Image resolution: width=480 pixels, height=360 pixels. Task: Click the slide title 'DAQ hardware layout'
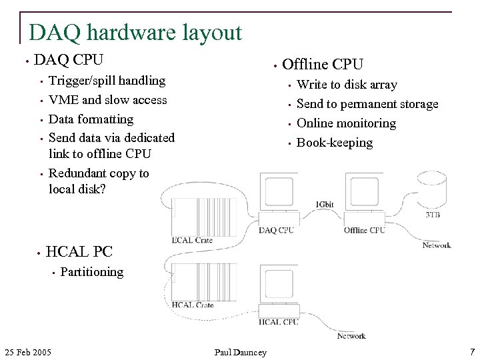pos(135,32)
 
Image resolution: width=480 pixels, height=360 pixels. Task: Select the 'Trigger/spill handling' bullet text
pos(107,81)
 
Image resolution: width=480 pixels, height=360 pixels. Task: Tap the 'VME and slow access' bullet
pos(108,100)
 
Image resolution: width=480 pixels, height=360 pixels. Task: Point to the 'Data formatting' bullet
pos(91,119)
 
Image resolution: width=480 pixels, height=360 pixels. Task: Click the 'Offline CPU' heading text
pos(323,64)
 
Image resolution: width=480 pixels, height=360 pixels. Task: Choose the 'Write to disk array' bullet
pos(347,85)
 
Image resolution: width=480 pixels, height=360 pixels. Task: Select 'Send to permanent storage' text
pos(367,104)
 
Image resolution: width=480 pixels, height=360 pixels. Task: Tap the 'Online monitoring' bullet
pos(346,123)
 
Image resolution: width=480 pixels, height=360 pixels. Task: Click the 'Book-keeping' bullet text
pos(335,143)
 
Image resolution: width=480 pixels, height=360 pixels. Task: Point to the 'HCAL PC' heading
pos(79,251)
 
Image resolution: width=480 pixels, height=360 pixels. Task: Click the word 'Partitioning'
pos(92,271)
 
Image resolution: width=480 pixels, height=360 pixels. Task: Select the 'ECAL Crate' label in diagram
pos(193,241)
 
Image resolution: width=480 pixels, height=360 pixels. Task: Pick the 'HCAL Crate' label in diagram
pos(193,305)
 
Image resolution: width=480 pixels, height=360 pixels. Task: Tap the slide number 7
pos(471,351)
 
